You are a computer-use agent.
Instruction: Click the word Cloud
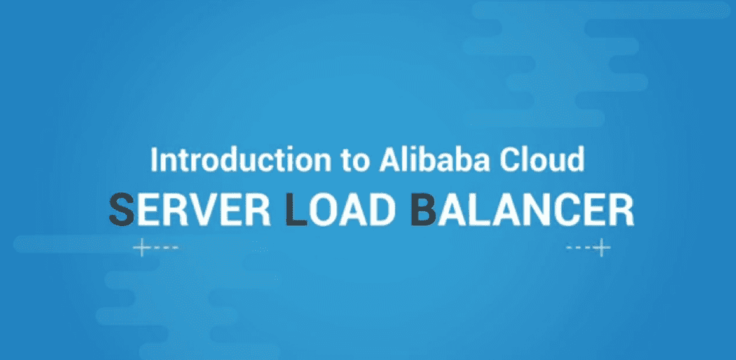click(x=542, y=160)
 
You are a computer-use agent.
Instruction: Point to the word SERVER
click(x=190, y=210)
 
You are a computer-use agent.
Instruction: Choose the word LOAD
click(x=339, y=210)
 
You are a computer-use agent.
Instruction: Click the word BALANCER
click(x=522, y=210)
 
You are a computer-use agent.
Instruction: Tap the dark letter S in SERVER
click(x=121, y=210)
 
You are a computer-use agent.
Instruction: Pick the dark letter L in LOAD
click(x=297, y=210)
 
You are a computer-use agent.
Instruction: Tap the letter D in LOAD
click(x=378, y=210)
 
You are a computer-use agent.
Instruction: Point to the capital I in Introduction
click(x=153, y=160)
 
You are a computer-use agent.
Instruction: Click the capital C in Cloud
click(x=509, y=160)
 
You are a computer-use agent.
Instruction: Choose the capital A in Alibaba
click(x=389, y=160)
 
